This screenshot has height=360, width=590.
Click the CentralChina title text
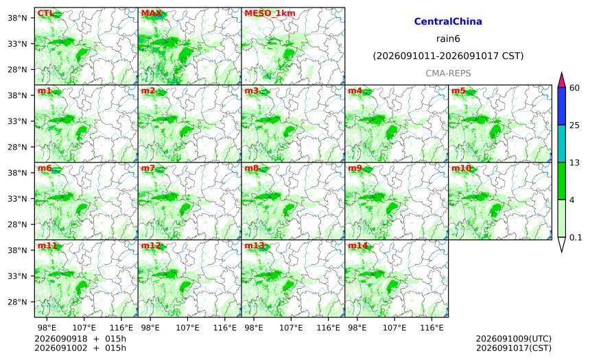click(448, 21)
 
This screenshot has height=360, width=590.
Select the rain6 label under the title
click(448, 39)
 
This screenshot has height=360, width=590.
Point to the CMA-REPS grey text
click(448, 73)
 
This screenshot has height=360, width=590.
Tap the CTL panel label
click(45, 14)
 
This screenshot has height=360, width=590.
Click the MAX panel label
click(151, 14)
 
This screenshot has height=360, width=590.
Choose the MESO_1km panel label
click(270, 14)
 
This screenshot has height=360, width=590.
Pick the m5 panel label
click(458, 91)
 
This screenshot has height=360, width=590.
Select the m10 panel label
click(461, 168)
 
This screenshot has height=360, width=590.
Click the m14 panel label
click(358, 245)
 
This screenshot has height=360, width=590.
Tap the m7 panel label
click(148, 168)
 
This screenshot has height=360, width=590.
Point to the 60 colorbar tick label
click(574, 88)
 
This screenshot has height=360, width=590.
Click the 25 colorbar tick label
click(574, 125)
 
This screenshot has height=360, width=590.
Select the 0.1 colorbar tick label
click(576, 238)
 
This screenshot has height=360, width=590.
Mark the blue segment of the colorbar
click(562, 106)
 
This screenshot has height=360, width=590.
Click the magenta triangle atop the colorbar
click(562, 80)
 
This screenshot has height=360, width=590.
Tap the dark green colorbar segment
click(562, 181)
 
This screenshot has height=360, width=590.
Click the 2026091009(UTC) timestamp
click(514, 339)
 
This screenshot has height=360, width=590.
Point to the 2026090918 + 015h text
click(80, 339)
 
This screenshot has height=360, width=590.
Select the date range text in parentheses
click(448, 56)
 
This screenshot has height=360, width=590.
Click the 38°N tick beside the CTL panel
click(17, 18)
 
